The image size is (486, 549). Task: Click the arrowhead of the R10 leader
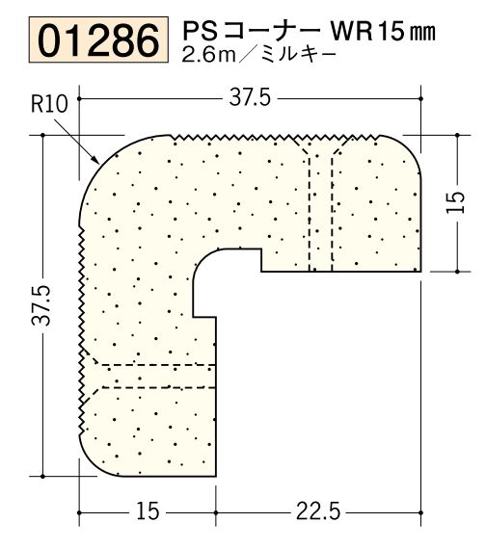97,160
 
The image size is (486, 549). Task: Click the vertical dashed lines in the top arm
320,207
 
